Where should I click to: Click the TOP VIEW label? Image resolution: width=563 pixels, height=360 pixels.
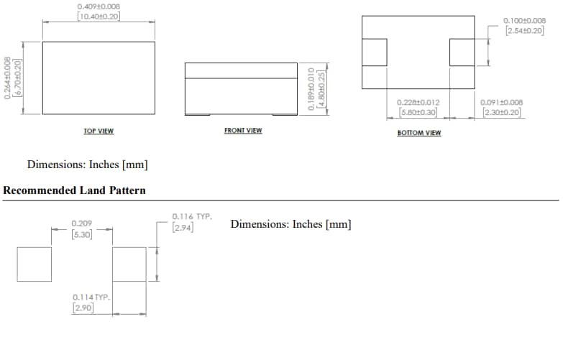99,131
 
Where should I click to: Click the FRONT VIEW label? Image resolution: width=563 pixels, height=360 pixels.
243,131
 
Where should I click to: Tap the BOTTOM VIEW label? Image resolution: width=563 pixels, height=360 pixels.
418,133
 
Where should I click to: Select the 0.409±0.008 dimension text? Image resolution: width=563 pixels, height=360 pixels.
99,6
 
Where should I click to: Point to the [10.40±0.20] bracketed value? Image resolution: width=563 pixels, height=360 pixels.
99,17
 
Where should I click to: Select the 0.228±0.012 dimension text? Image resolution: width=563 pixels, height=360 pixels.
418,102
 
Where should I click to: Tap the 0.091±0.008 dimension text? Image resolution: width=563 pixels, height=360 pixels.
501,102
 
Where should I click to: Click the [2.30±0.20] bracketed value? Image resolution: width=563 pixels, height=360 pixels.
501,113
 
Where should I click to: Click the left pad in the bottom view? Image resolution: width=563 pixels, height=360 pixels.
374,52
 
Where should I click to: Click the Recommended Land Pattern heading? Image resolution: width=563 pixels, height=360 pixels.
74,190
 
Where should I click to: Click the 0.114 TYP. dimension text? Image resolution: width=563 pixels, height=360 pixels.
91,297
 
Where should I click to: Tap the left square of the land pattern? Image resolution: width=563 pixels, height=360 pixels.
35,264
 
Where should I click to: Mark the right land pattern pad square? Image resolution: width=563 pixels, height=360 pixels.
129,264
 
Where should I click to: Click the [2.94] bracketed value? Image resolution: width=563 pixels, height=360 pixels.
183,228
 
